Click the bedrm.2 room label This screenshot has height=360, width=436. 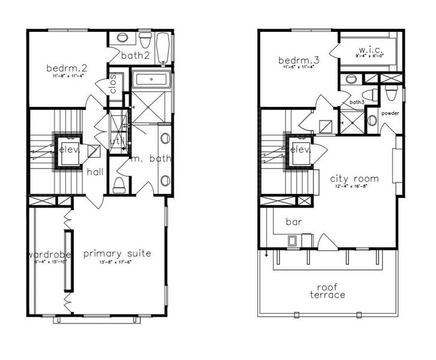67,68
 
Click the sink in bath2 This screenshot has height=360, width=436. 122,38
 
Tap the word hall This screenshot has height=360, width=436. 95,172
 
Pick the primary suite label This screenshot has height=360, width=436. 117,253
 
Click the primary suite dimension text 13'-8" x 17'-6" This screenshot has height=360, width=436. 117,262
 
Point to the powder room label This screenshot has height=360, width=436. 390,113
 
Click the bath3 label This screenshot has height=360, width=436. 357,102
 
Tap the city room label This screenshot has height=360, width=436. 354,178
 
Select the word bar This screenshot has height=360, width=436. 293,221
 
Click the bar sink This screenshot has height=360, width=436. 293,241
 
